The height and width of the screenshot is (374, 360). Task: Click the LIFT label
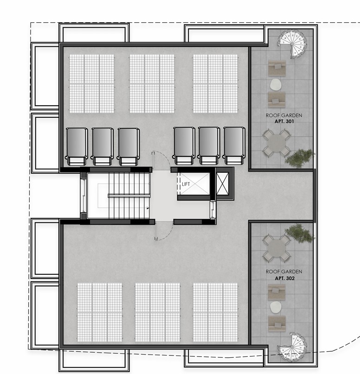coord(186,184)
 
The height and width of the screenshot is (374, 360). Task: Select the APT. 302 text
coord(283,279)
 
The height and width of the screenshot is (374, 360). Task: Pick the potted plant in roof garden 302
coord(300,233)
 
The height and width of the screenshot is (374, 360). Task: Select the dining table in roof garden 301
coord(277,144)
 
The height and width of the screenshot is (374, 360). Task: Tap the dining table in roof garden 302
coord(277,248)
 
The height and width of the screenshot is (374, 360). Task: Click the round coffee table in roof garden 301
coord(276,84)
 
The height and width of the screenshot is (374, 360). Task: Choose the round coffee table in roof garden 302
coord(276,306)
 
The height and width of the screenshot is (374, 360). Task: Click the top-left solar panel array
coord(92,83)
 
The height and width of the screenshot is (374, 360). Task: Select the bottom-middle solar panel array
coord(157,313)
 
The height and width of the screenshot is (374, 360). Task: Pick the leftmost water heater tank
coord(77,145)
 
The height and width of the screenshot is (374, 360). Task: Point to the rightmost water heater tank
coord(234,145)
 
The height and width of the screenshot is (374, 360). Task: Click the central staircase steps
coord(129,195)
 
